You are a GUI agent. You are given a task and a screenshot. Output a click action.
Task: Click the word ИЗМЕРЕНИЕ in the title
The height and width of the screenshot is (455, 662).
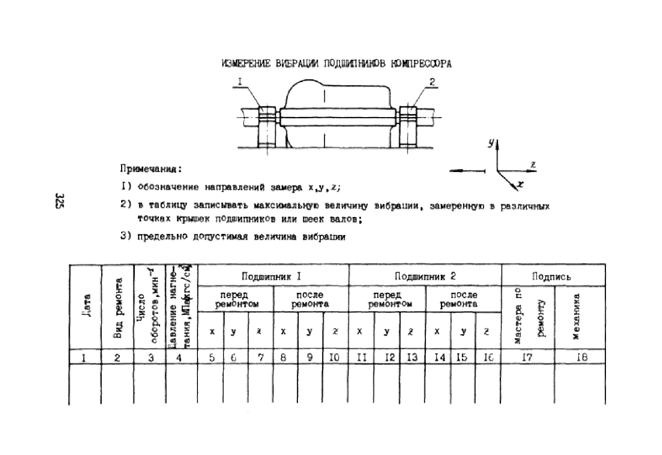click(246, 64)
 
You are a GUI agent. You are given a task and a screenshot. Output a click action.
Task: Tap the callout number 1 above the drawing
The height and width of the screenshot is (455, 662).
click(240, 82)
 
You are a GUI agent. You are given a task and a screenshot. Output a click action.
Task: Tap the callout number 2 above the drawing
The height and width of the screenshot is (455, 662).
click(432, 82)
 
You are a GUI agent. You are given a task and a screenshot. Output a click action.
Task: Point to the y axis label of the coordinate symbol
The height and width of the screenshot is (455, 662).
click(491, 143)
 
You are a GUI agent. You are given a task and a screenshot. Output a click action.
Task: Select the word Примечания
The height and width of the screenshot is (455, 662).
click(151, 169)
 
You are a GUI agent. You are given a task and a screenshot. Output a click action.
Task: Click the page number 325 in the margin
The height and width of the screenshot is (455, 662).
click(60, 201)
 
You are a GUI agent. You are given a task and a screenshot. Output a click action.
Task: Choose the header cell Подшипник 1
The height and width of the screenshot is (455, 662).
click(271, 276)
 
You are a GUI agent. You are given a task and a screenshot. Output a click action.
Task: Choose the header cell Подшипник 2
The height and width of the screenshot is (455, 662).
click(425, 276)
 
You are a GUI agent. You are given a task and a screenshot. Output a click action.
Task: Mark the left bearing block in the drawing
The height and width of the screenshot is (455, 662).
click(267, 127)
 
